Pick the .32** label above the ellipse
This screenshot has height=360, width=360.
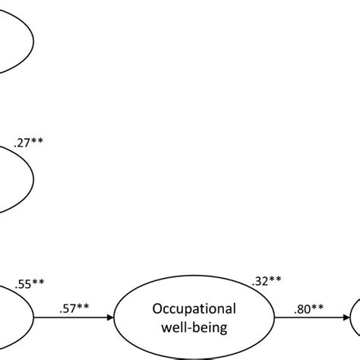[267, 280]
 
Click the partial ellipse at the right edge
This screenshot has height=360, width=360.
[355, 319]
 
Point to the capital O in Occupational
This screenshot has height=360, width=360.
[157, 309]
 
